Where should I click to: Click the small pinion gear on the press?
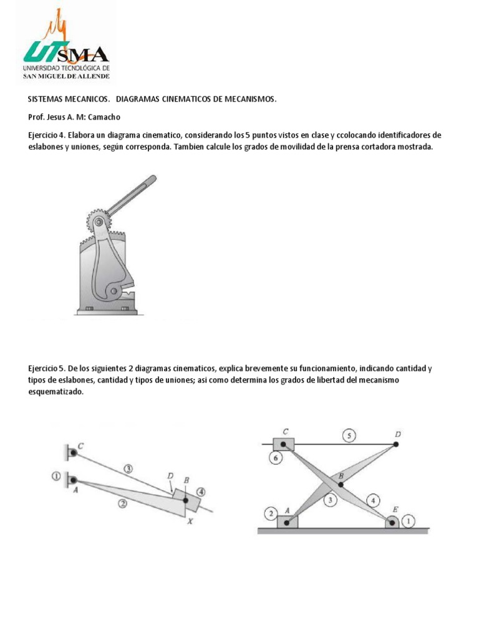tap(97, 221)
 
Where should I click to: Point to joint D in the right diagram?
tap(396, 444)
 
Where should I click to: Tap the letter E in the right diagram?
tap(395, 509)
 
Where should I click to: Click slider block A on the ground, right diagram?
tap(288, 521)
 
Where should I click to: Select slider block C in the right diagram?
tap(284, 444)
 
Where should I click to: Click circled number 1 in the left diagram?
tap(56, 477)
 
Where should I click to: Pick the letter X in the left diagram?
tap(190, 521)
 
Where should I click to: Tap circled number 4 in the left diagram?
tap(200, 490)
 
